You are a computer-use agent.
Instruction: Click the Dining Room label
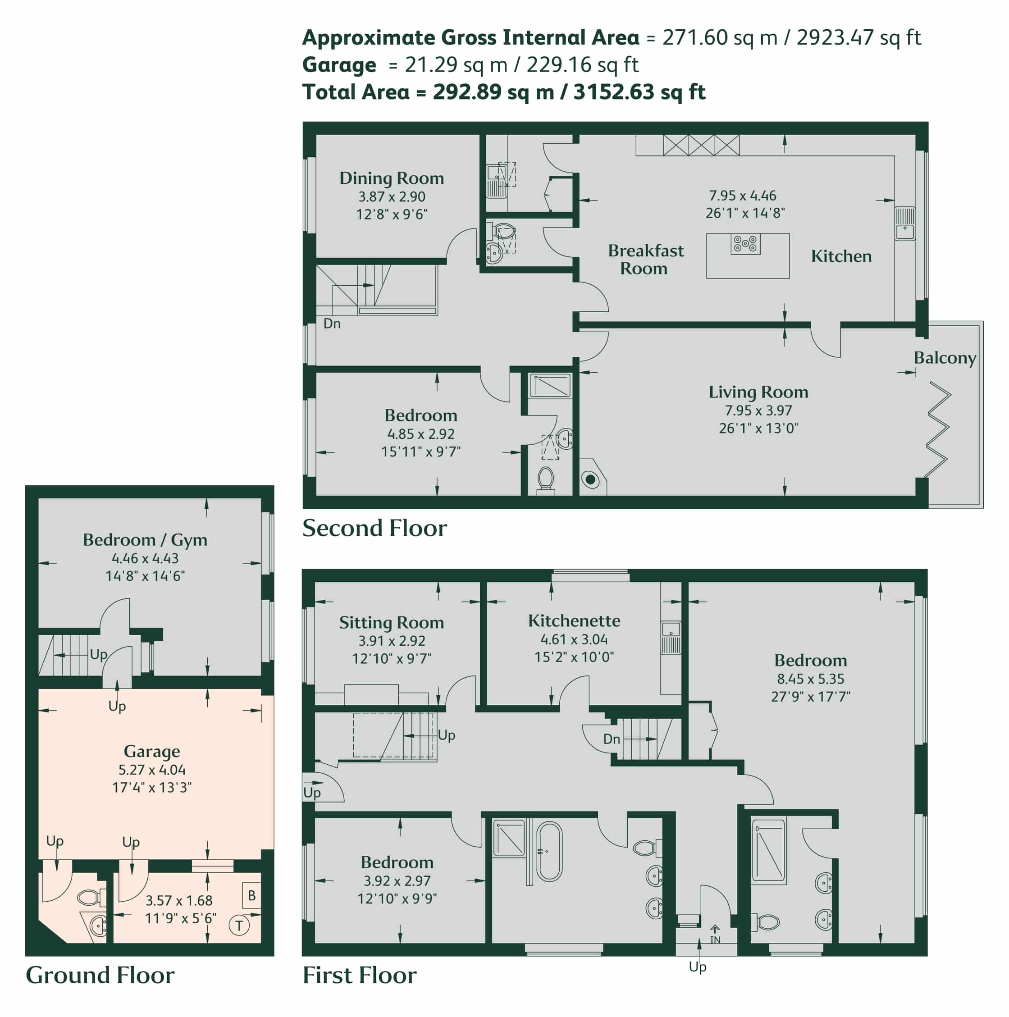(x=391, y=178)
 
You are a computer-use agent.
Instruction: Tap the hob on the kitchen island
(x=745, y=244)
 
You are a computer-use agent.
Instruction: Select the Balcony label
(x=945, y=358)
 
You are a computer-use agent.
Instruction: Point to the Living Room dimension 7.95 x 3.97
(x=758, y=410)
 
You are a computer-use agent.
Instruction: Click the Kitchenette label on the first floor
(x=574, y=620)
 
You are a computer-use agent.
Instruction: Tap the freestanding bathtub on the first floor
(x=549, y=851)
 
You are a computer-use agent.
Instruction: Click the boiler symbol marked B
(x=251, y=895)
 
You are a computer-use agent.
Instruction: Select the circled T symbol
(x=239, y=926)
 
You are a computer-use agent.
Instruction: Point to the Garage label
(x=151, y=751)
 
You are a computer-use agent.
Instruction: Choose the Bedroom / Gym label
(x=145, y=540)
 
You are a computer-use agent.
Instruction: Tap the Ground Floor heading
(x=100, y=975)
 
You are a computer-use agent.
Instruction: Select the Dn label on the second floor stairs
(x=332, y=323)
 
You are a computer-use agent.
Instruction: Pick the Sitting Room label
(x=391, y=623)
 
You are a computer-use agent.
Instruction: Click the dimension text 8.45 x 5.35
(x=810, y=679)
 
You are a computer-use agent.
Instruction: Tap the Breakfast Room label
(x=645, y=259)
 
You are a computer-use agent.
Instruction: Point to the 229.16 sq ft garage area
(x=582, y=65)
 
